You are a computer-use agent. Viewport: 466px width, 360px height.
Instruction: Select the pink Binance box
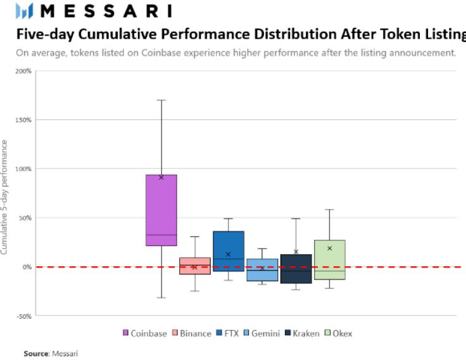point(195,266)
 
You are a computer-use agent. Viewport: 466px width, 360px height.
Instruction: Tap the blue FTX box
point(229,251)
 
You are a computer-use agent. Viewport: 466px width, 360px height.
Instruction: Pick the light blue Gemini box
point(262,269)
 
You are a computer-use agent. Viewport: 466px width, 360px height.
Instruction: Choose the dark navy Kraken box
point(296,269)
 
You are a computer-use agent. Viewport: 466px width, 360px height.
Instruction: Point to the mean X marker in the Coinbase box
point(161,177)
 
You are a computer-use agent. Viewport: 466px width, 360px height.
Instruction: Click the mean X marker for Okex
point(329,248)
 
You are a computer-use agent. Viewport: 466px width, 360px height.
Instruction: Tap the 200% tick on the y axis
point(23,71)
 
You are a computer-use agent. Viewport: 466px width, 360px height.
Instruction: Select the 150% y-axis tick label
point(23,120)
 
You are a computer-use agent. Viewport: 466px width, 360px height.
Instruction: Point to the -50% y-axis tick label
point(23,316)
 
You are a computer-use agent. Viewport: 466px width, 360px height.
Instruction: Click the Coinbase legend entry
point(145,333)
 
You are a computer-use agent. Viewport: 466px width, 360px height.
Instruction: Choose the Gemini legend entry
point(261,333)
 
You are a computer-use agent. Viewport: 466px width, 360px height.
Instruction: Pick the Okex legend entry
point(339,333)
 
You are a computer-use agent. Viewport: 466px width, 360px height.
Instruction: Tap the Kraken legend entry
point(302,333)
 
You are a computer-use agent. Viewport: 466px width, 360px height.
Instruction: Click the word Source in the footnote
point(35,353)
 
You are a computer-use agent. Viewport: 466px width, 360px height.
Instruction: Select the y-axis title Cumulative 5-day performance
point(5,197)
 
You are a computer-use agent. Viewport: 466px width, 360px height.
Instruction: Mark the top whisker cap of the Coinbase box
point(161,100)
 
